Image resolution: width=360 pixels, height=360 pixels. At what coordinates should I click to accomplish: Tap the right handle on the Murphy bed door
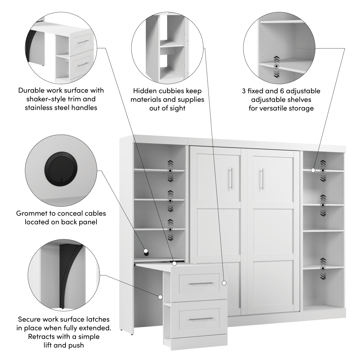(262, 179)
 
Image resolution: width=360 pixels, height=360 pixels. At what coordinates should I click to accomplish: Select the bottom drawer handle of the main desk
(201, 319)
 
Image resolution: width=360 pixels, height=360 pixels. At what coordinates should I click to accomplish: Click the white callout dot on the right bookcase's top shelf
(313, 170)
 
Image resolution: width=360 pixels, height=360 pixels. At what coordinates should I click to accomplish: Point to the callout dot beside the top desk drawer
(224, 283)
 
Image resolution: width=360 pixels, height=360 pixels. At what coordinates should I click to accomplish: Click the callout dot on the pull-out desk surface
(174, 264)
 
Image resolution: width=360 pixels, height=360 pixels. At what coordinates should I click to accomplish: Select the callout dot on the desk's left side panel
(160, 297)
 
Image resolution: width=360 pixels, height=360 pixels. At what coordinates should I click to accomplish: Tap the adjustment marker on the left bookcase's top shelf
(170, 171)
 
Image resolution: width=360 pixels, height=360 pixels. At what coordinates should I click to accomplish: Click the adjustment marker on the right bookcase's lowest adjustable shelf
(323, 268)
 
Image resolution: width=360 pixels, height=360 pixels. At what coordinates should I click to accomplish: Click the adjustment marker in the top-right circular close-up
(276, 67)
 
